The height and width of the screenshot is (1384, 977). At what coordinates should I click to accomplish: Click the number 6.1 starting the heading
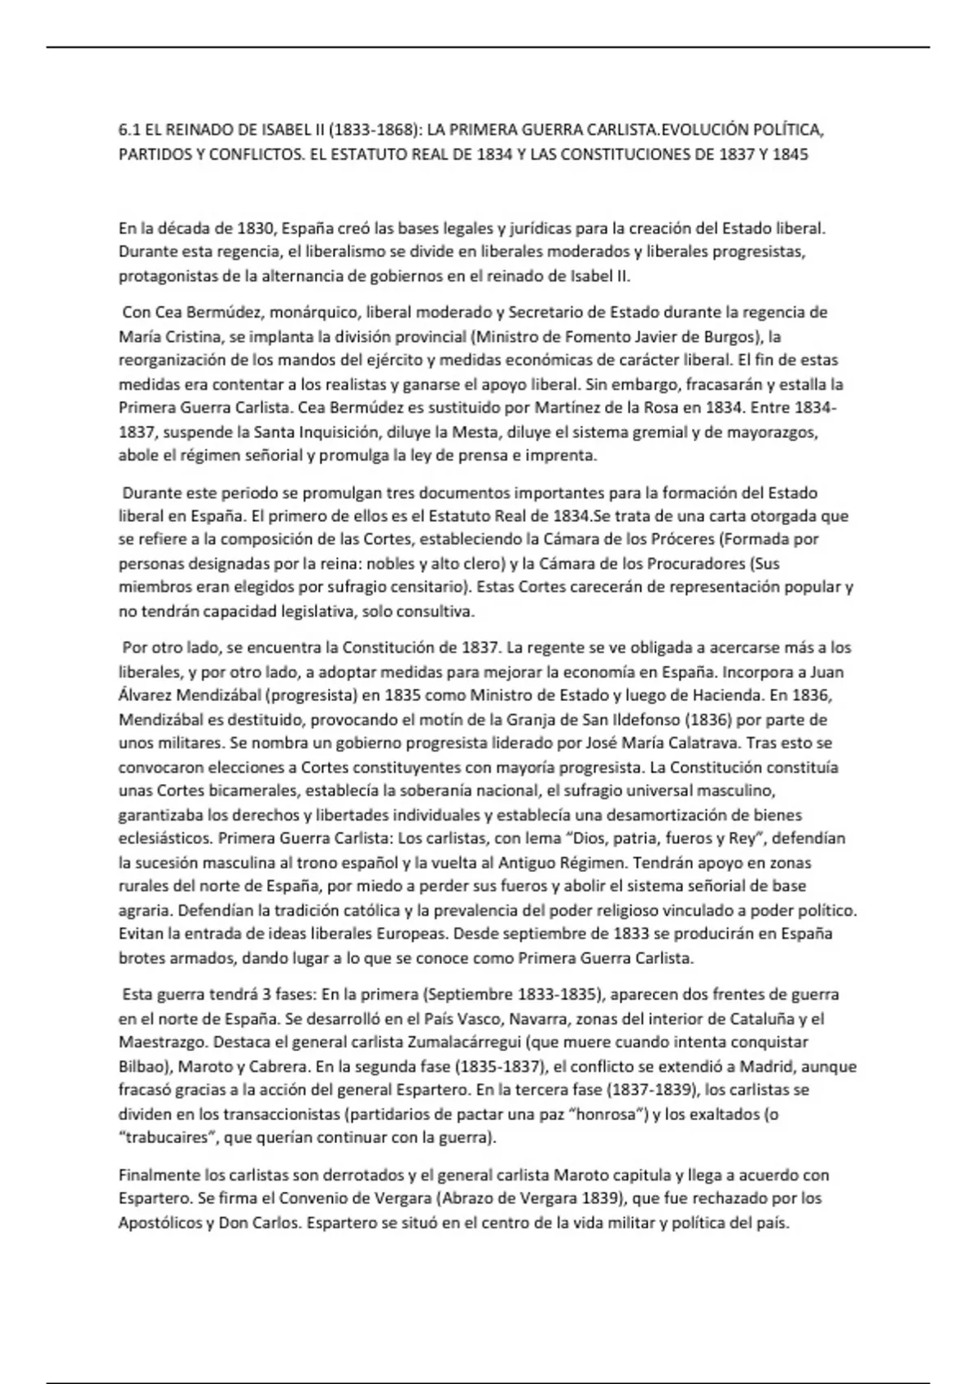[129, 130]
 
